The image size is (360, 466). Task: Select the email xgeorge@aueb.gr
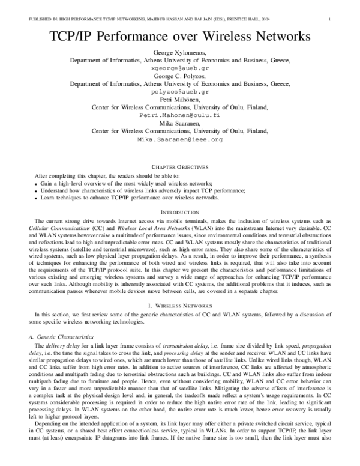coord(180,69)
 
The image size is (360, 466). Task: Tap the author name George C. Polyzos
coord(180,77)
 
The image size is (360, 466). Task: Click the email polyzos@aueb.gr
coord(180,92)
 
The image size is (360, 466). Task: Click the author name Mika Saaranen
coord(180,123)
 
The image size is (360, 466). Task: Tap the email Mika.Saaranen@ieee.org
coord(180,139)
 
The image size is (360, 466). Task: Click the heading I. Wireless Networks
coord(180,306)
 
